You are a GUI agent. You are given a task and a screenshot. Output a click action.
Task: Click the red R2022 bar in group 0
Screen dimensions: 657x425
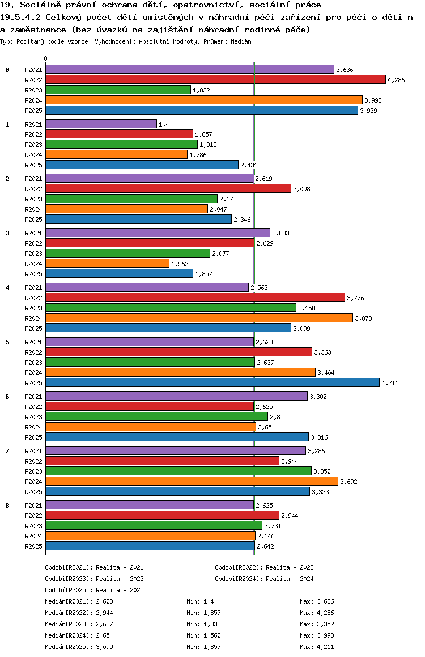(215, 79)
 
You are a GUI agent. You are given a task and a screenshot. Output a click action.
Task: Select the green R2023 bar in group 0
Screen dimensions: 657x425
(118, 90)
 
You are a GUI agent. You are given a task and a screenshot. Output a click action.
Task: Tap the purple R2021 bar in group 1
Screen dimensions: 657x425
(101, 124)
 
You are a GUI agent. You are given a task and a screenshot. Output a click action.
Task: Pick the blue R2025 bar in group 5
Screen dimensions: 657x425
(212, 382)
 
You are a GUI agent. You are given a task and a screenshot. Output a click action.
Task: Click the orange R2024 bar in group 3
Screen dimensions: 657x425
(107, 263)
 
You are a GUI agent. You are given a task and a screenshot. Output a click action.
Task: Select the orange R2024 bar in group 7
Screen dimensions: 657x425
(192, 481)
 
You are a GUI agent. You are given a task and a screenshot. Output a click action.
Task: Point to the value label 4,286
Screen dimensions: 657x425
(396, 80)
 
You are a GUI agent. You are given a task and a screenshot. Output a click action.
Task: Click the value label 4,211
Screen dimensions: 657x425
(390, 383)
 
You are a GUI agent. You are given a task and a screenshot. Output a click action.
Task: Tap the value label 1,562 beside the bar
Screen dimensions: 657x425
(180, 264)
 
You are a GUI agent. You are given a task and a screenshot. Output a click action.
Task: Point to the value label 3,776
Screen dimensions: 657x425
(355, 298)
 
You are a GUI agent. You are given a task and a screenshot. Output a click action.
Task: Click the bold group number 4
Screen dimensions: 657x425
(7, 288)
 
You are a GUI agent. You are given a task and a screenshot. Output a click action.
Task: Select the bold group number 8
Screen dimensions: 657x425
(7, 506)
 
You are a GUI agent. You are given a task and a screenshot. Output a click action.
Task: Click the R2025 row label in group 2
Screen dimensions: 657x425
(33, 220)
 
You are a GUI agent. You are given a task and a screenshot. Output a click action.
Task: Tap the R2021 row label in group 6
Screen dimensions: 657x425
(33, 397)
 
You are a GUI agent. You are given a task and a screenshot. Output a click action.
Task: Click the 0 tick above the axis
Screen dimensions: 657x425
(46, 59)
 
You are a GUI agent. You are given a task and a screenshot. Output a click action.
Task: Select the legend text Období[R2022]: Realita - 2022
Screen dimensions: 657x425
(264, 567)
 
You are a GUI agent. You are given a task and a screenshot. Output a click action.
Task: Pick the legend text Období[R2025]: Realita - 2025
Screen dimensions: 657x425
(94, 590)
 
